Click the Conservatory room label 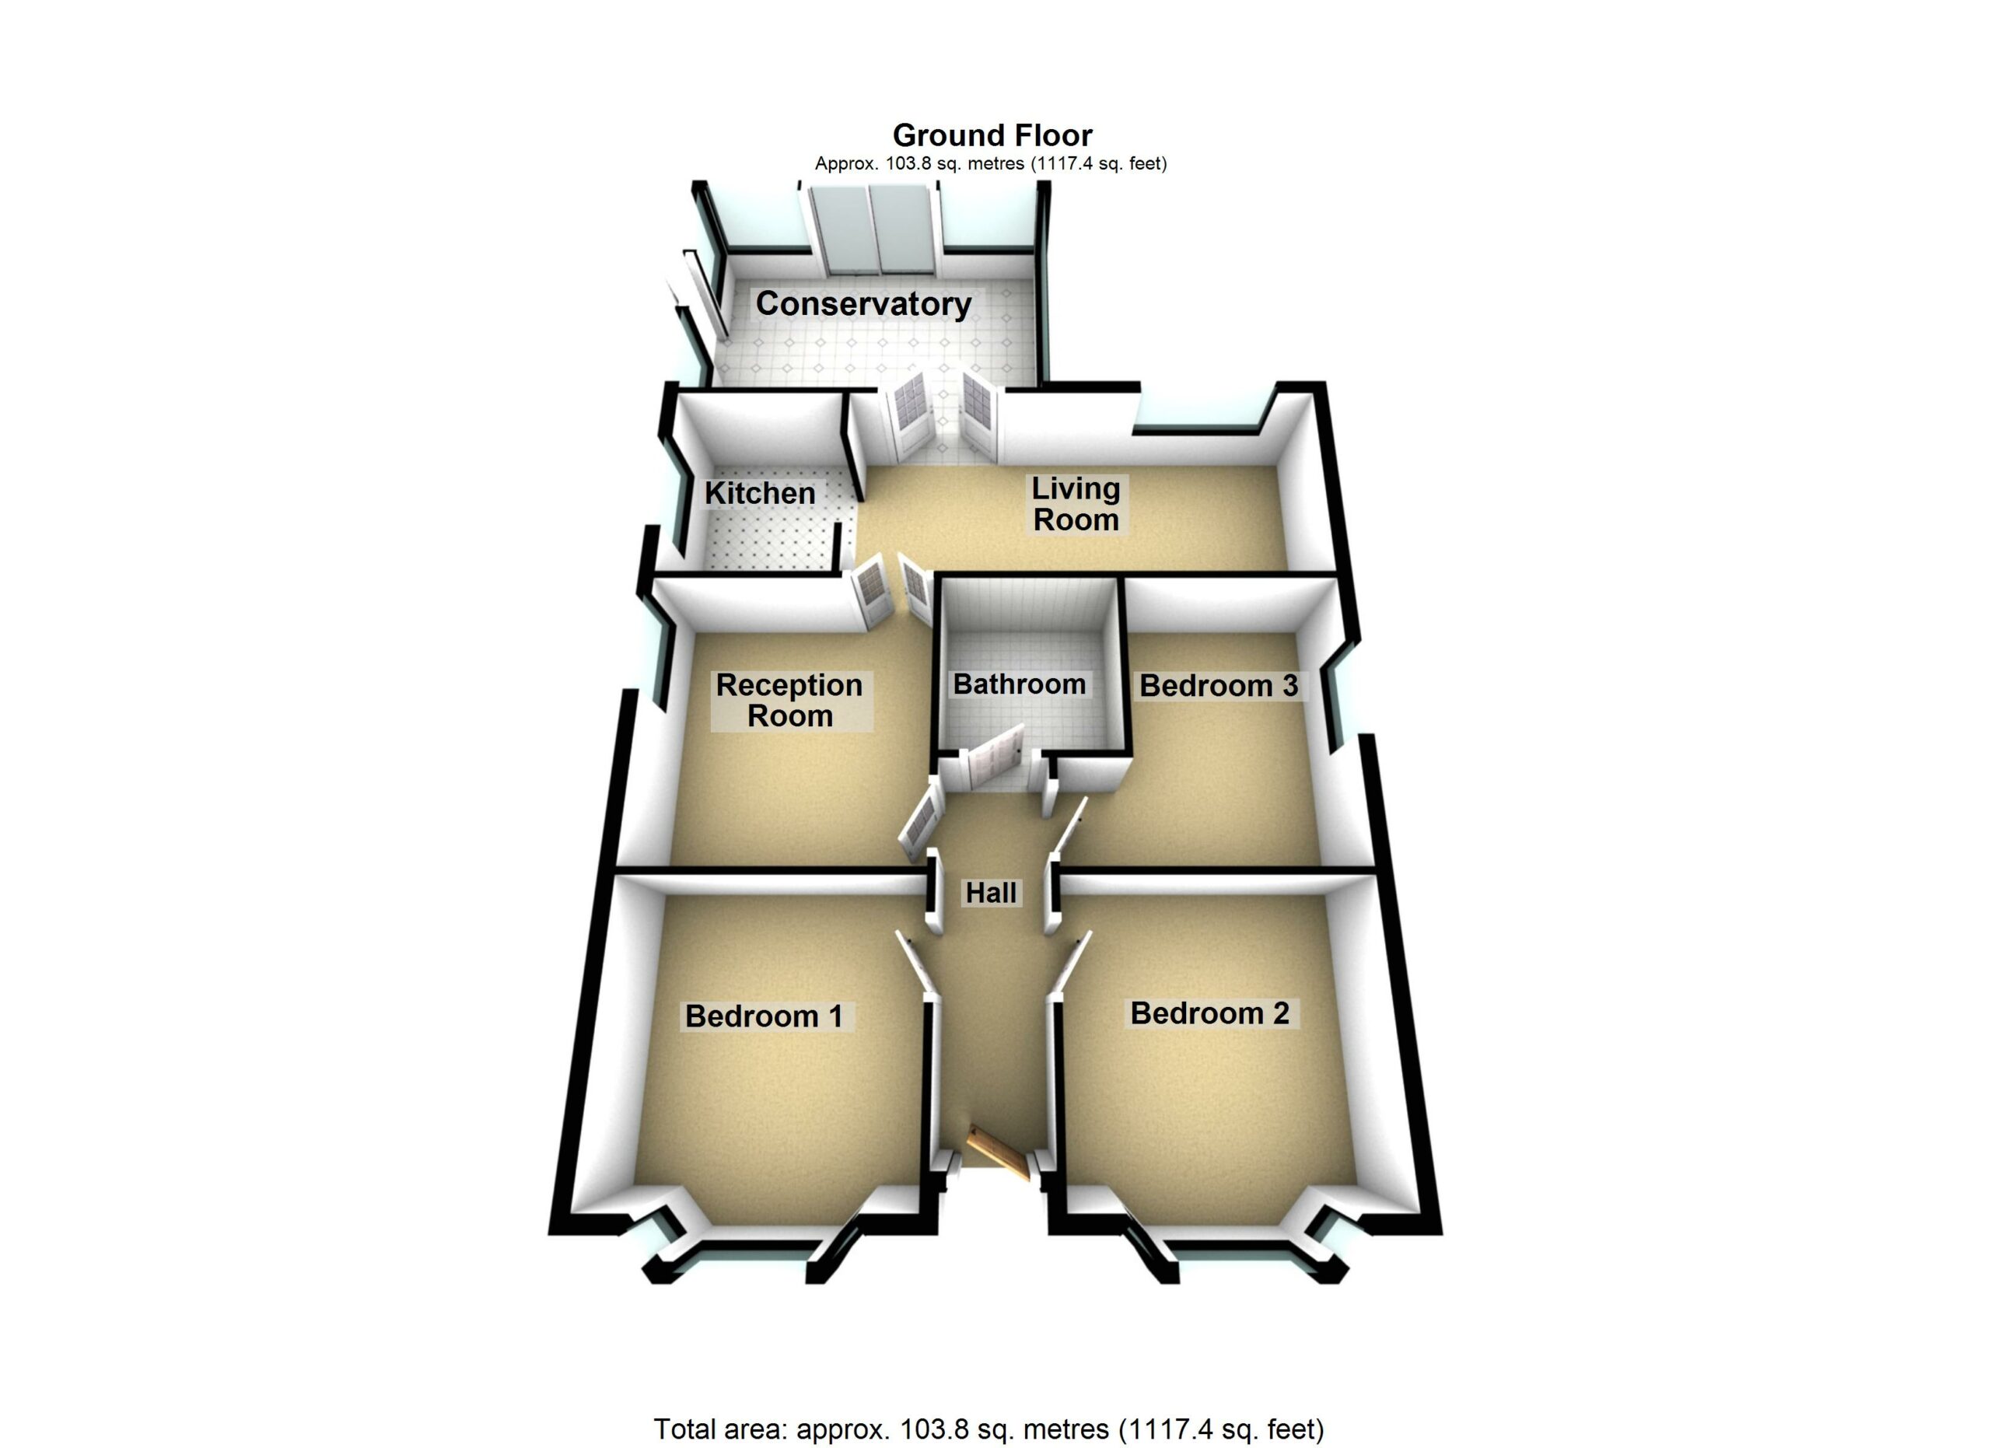tap(864, 303)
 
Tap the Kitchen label tap(760, 493)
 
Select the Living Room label tap(1076, 504)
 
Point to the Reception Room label tap(789, 701)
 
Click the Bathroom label tap(1019, 684)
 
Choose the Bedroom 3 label tap(1219, 686)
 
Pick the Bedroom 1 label tap(764, 1016)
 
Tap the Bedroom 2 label tap(1209, 1013)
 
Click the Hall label tap(991, 894)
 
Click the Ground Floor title tap(992, 135)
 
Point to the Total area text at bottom tap(989, 1429)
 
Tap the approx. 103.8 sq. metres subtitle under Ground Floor tap(990, 163)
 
